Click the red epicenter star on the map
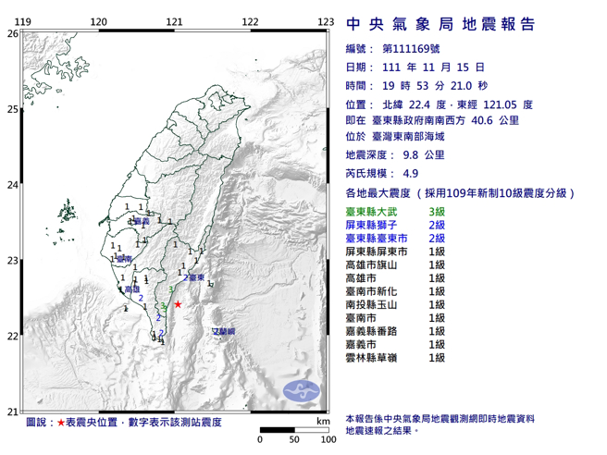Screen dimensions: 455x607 177,303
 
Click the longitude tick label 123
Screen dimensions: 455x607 325,21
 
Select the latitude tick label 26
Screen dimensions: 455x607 12,33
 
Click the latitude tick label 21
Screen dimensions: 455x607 12,412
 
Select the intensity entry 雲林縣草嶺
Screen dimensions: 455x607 372,356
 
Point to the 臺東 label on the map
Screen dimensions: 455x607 195,277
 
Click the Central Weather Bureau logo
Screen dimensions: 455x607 298,389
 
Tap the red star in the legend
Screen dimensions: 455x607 61,422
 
